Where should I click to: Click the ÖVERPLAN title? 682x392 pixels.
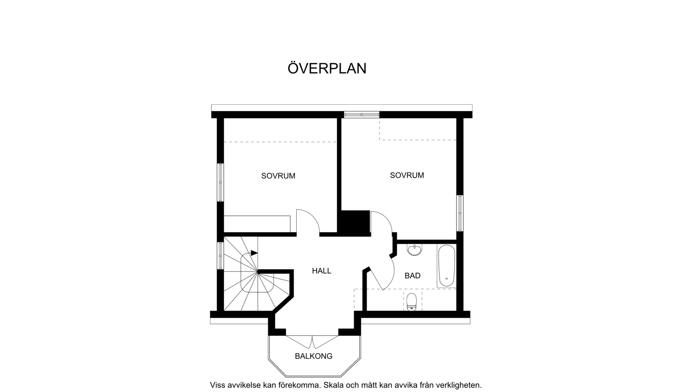[327, 68]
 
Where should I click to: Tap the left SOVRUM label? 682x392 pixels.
[278, 176]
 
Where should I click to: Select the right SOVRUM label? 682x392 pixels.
[407, 175]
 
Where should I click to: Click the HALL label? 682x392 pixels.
[322, 271]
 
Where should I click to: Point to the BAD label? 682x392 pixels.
[413, 276]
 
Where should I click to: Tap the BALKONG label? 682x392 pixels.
[313, 356]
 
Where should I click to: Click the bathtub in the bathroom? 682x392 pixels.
[446, 266]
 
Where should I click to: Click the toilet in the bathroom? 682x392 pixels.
[411, 302]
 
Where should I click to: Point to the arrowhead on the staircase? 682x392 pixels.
[254, 253]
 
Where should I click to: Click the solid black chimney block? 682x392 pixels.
[355, 222]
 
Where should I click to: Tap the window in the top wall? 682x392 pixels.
[362, 114]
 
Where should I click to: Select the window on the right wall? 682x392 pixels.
[460, 213]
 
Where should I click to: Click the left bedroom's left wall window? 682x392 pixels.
[220, 182]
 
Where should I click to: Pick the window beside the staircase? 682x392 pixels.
[220, 255]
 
